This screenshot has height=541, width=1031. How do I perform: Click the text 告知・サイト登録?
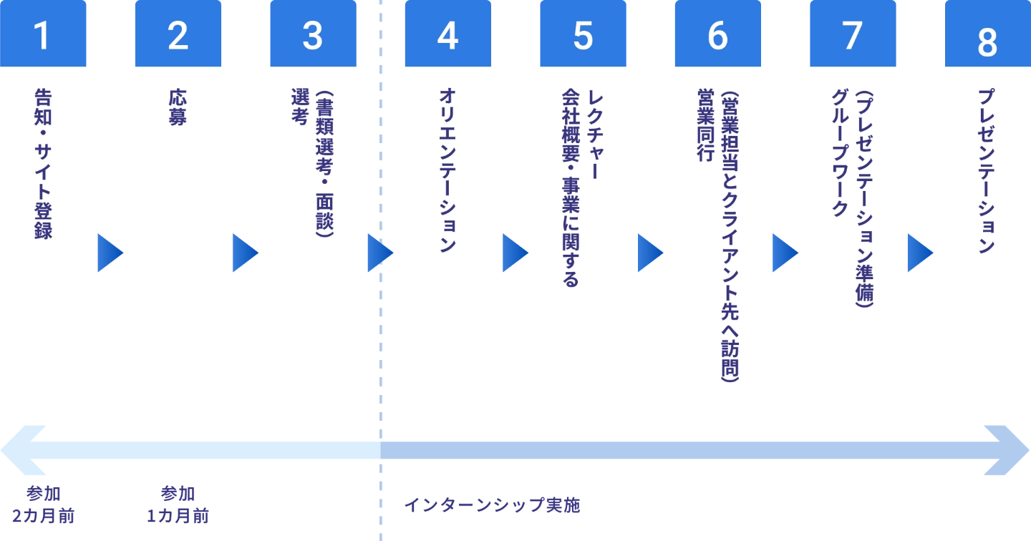(x=43, y=163)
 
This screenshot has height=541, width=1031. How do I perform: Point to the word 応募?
(x=178, y=107)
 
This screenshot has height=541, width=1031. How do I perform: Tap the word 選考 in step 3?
(x=300, y=107)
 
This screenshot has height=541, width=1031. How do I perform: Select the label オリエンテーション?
(x=447, y=170)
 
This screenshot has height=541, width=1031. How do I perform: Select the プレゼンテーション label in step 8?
(x=987, y=170)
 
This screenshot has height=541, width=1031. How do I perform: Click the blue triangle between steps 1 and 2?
(x=110, y=252)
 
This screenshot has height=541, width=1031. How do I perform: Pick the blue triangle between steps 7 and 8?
(x=919, y=252)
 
